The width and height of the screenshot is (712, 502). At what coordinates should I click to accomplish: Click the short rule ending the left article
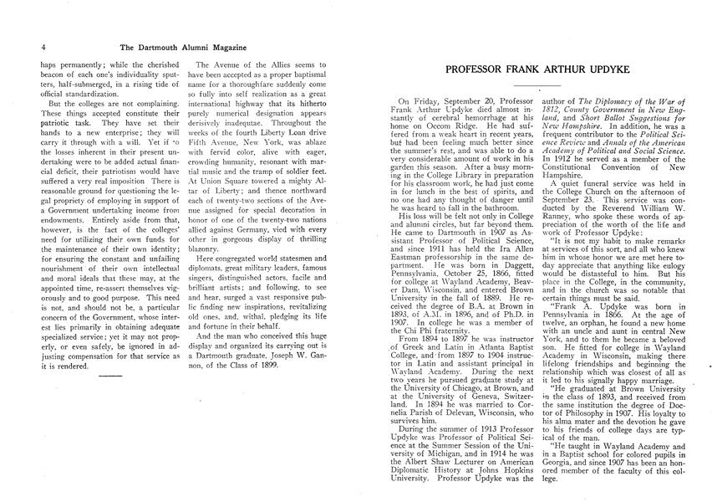(109, 376)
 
